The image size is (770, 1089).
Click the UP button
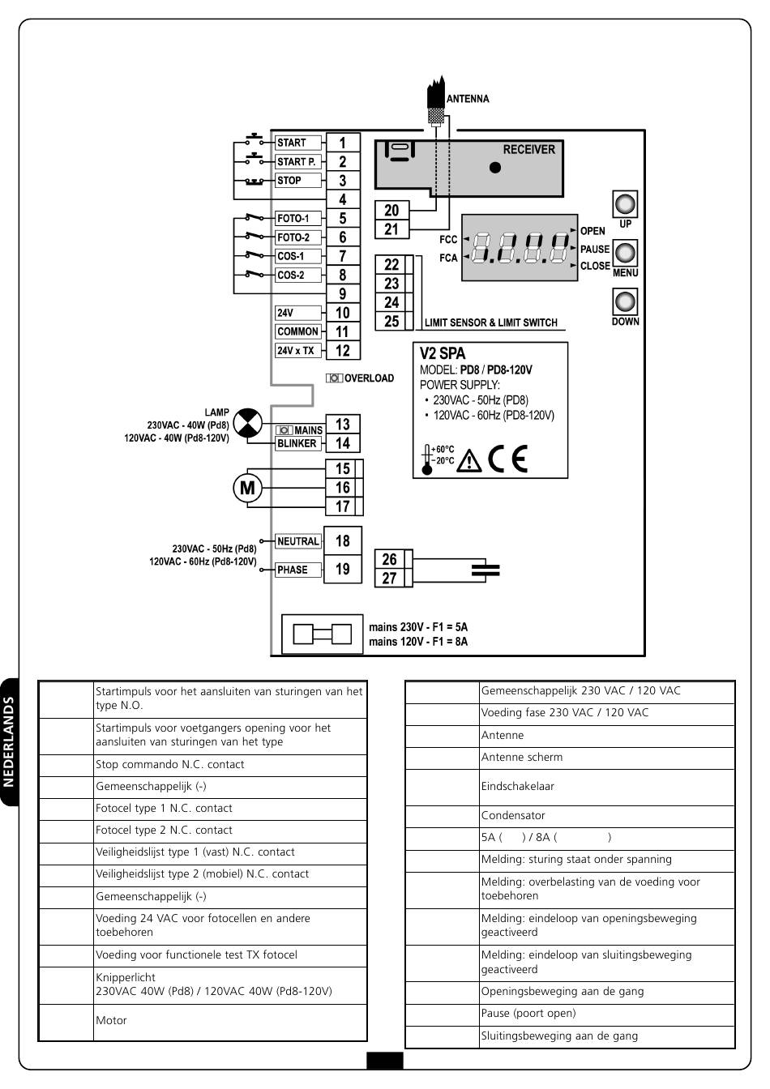click(625, 204)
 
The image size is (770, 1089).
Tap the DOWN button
click(625, 301)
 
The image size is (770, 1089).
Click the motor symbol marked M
click(247, 488)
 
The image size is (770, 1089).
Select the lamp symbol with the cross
click(247, 422)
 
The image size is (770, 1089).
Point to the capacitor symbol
click(486, 570)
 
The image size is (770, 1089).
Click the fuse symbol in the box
click(322, 634)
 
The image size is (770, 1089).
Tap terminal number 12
click(343, 351)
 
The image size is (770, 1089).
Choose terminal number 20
click(391, 211)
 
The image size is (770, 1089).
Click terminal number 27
click(390, 578)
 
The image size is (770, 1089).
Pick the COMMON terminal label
click(298, 331)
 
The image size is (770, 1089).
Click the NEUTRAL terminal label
click(298, 541)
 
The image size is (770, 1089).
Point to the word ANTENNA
click(468, 99)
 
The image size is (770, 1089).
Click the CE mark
click(508, 459)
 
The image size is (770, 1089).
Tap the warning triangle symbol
click(469, 461)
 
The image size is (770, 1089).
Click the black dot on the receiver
click(495, 168)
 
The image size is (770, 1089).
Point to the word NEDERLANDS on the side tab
click(9, 741)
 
